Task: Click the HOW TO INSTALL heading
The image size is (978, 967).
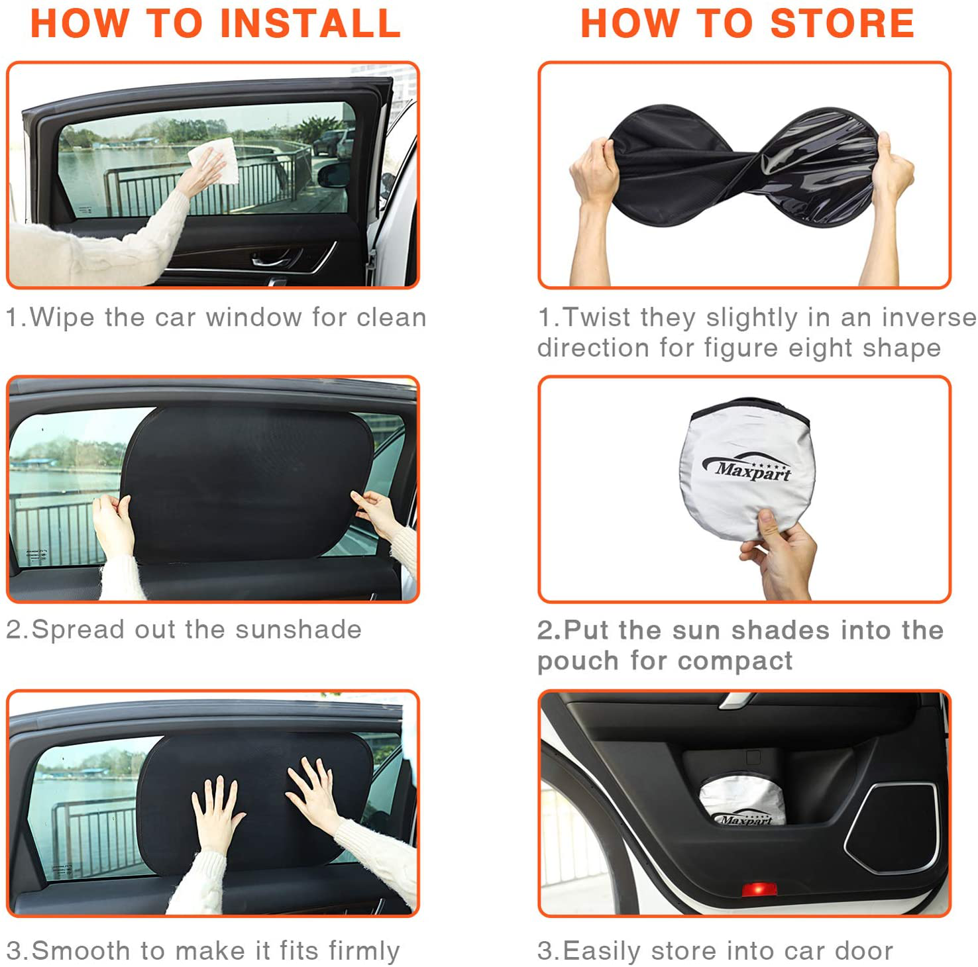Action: (215, 23)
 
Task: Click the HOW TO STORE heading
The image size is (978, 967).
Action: (747, 23)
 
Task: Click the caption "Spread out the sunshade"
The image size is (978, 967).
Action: (197, 630)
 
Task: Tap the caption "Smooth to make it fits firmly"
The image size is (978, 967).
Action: (216, 951)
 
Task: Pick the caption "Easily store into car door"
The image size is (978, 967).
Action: (728, 951)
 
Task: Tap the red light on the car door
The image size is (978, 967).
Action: (759, 888)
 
